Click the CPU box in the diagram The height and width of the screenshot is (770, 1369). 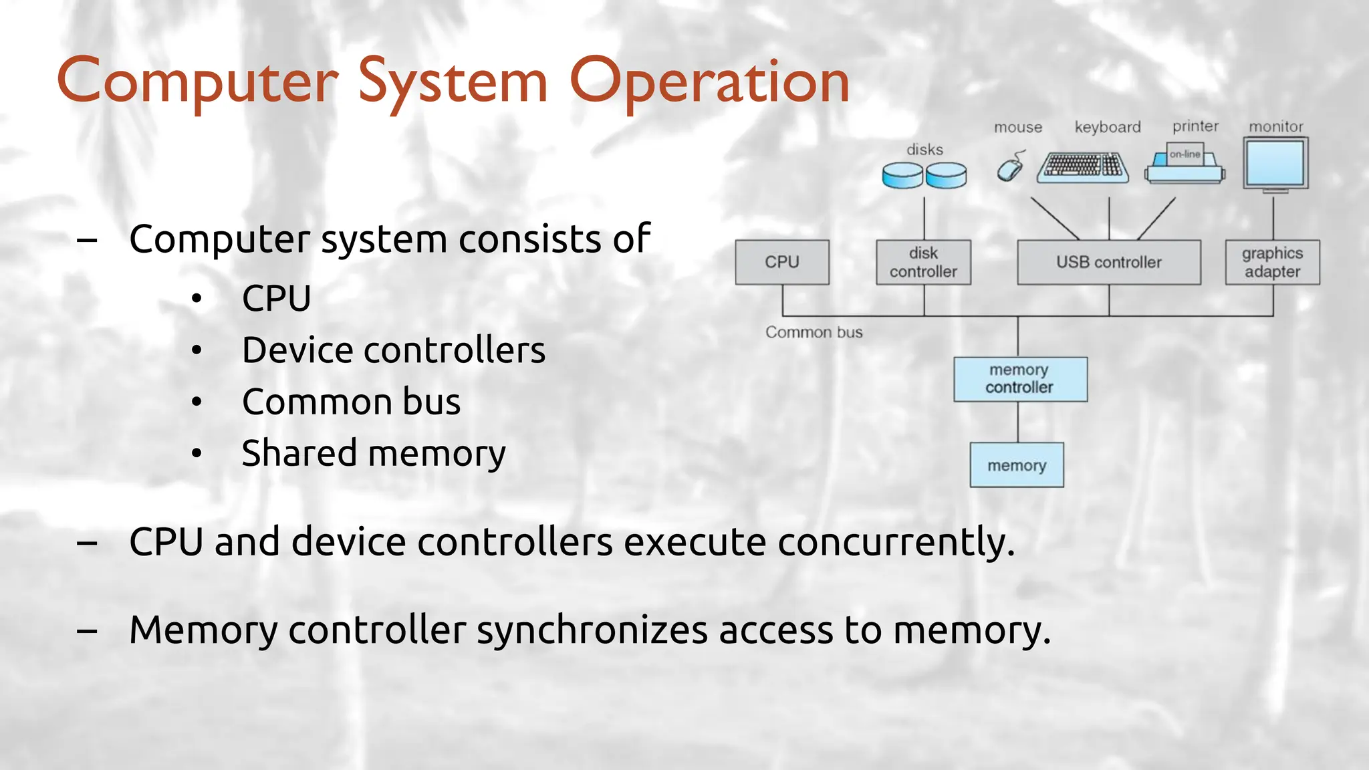[781, 262]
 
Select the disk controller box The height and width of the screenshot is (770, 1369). [923, 262]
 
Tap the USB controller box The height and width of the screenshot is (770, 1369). [1108, 262]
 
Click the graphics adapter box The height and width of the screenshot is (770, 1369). [1272, 262]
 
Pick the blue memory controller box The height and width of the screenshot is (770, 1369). [1019, 379]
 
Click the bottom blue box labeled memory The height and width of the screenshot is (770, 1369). [1016, 465]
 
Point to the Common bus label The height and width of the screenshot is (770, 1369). [814, 332]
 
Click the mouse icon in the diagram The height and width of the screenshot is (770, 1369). [1010, 167]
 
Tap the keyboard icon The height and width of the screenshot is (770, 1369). [1082, 167]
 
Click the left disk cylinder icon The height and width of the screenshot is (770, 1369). [902, 175]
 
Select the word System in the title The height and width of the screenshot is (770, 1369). [453, 82]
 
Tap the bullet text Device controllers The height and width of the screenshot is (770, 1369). [393, 350]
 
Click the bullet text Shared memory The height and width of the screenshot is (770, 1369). [373, 454]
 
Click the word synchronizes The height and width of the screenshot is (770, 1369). [592, 630]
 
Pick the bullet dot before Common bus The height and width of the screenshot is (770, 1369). [196, 402]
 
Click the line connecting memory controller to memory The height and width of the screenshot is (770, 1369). [1018, 422]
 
